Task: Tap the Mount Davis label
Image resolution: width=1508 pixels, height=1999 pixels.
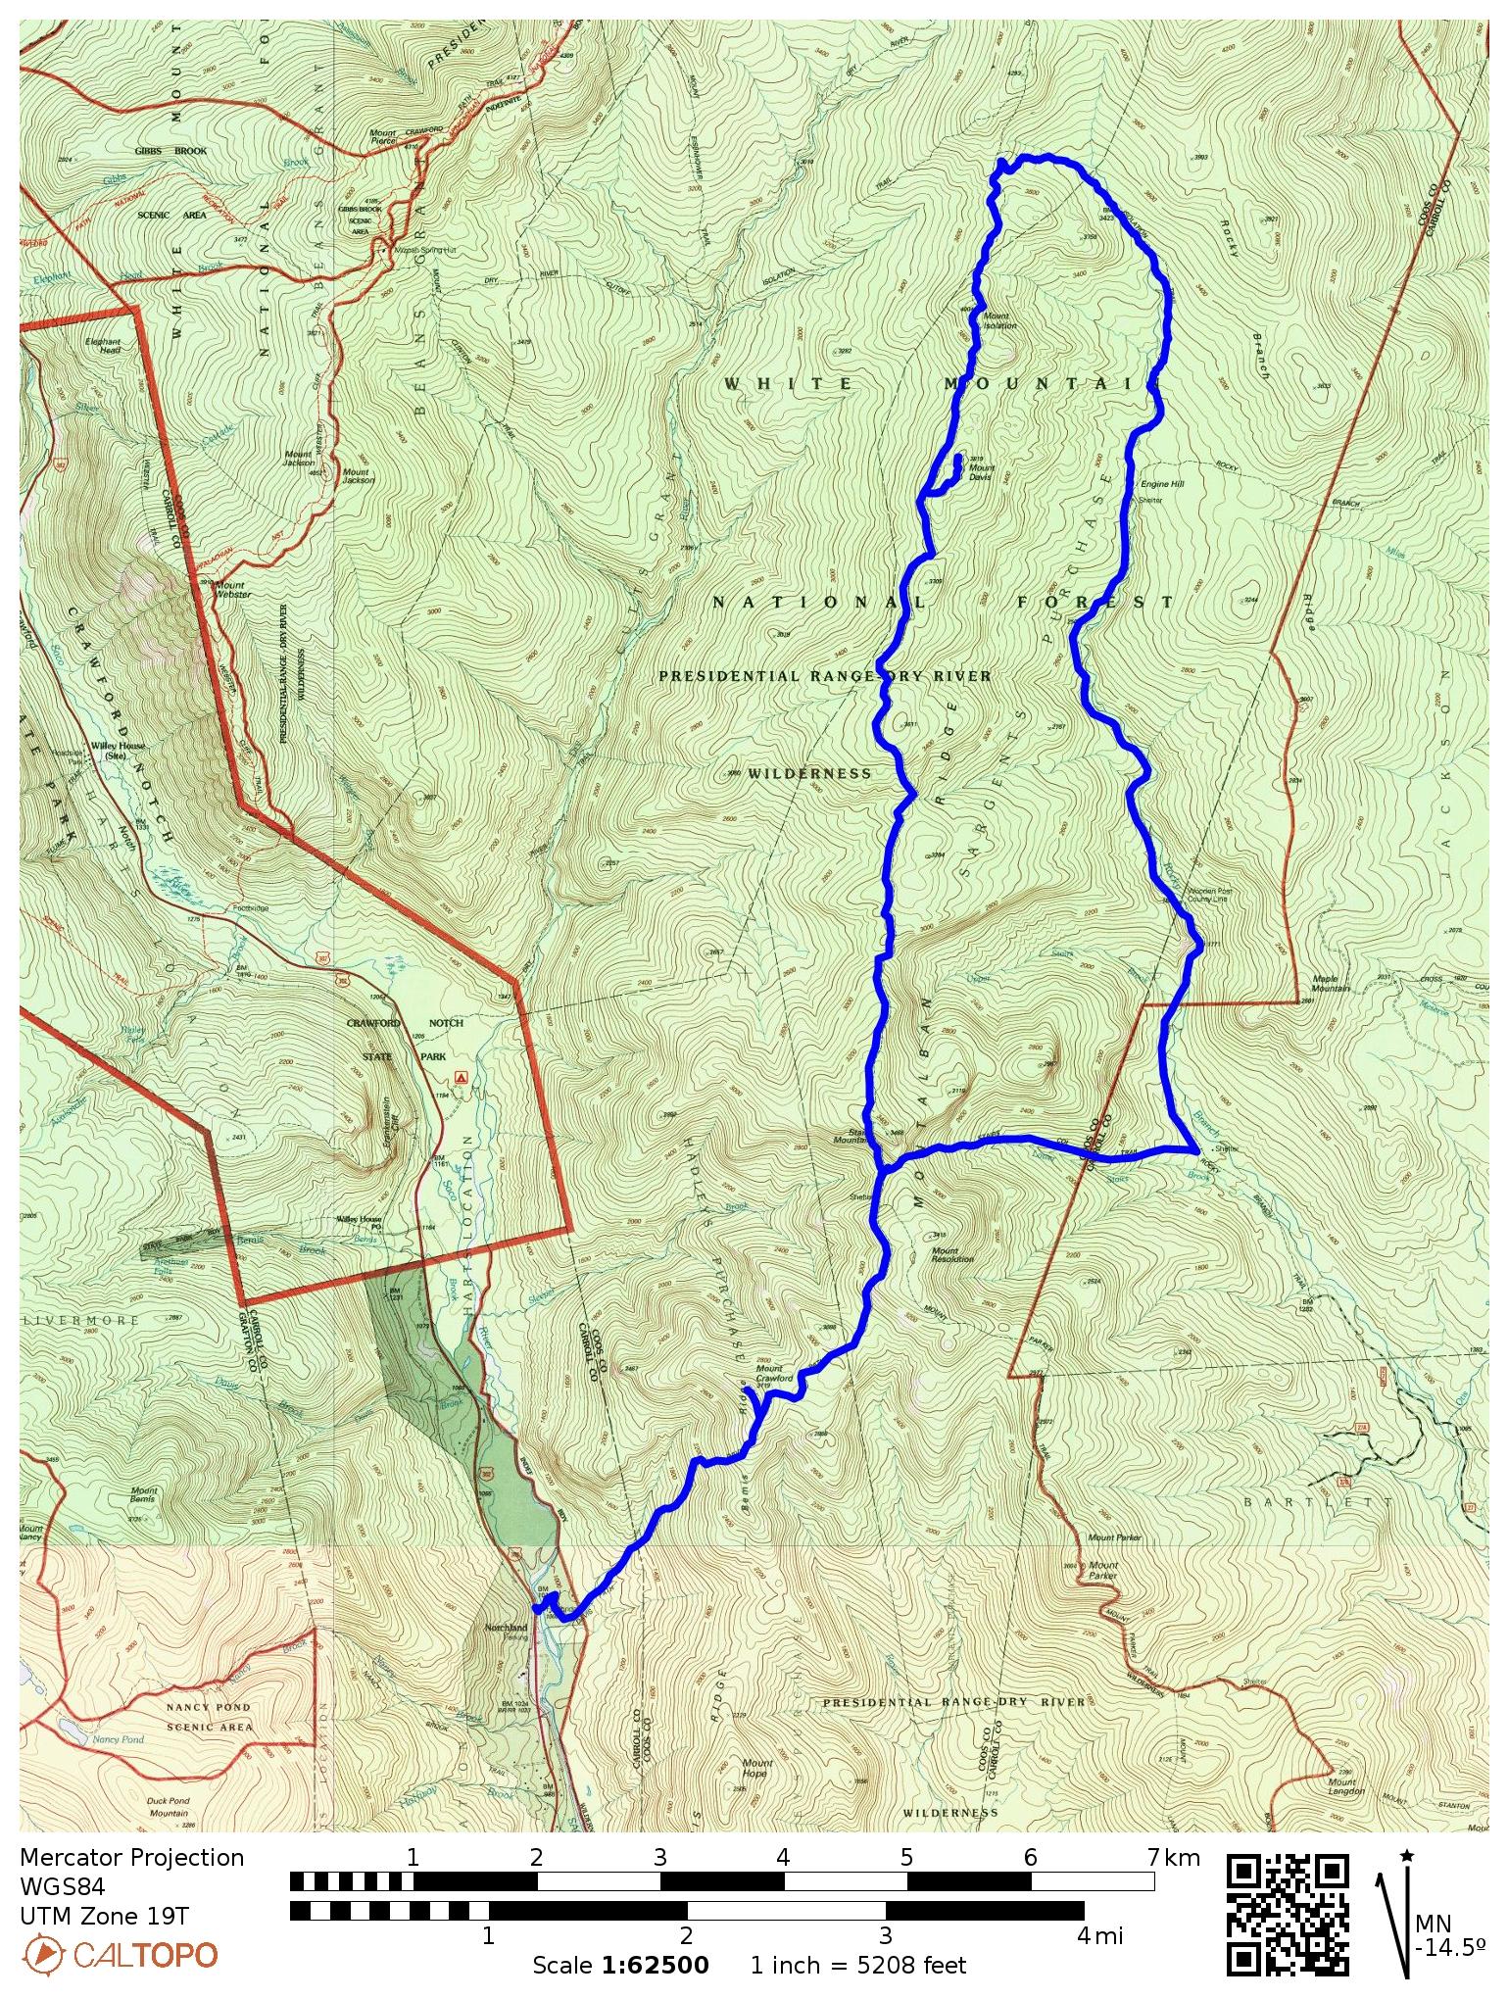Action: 981,472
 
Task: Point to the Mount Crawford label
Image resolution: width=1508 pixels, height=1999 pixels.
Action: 774,1373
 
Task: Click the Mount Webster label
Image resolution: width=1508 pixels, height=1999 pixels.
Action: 232,590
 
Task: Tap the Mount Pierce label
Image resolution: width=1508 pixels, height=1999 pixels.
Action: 382,137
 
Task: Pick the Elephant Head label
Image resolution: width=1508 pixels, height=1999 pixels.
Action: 102,345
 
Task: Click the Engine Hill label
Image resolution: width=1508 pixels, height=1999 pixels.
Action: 1161,484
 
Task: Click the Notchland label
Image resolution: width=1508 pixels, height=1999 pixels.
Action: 506,1628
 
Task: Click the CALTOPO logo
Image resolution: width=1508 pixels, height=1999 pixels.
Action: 120,1955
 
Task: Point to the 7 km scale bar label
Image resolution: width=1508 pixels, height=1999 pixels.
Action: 1173,1857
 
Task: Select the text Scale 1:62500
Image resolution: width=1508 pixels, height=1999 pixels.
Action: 620,1966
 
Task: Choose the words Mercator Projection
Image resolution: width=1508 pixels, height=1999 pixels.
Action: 131,1858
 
